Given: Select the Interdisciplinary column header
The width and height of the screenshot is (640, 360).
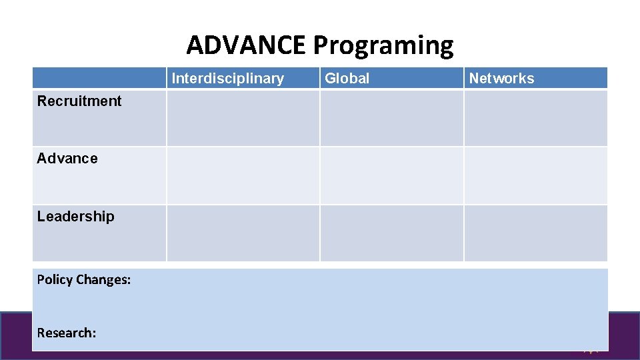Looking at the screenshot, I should coord(227,79).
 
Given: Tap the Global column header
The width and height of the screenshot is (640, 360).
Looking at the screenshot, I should coord(347,79).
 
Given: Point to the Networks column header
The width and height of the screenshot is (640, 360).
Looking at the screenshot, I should coord(501,79).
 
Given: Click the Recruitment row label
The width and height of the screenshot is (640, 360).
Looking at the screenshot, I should coord(79,101).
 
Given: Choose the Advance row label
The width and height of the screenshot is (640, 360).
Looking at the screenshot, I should coord(67,159).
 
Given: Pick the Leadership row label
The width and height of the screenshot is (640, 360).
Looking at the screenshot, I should coord(75,217).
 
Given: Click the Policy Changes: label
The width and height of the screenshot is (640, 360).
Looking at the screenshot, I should coord(84,280).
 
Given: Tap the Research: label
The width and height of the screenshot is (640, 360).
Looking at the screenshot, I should coord(67,333).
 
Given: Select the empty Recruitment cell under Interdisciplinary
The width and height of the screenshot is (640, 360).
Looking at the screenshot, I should coord(243,118).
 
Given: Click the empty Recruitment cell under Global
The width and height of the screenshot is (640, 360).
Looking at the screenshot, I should coord(392,118).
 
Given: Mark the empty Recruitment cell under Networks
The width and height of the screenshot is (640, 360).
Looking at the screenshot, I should coord(536,118).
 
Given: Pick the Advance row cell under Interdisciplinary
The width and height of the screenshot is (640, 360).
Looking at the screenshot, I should coord(243,175).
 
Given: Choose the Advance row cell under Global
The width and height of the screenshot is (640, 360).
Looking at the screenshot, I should coord(392,175).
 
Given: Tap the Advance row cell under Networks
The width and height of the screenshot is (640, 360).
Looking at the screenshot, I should coord(536,175).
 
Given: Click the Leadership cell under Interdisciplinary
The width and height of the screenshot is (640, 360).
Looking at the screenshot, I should coord(243,233).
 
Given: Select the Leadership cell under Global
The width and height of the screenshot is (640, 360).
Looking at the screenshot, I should coord(392,233).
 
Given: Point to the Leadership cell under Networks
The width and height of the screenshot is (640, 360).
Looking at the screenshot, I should coord(536,233).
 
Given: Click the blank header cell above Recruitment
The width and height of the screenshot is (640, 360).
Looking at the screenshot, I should coord(99,78).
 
